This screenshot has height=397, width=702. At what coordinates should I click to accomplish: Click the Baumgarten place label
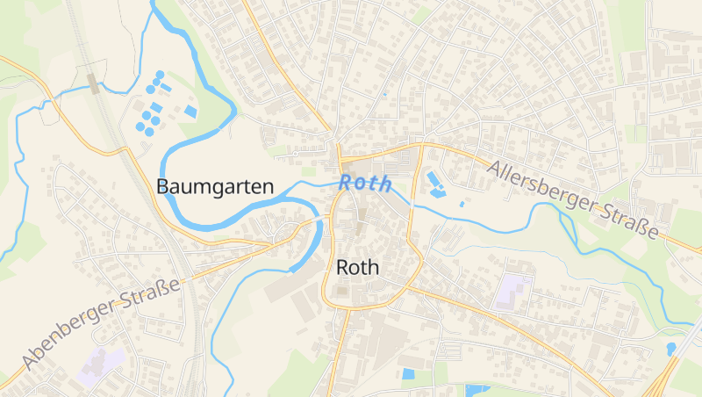pyautogui.click(x=215, y=186)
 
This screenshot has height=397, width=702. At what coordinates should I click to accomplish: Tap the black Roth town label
pyautogui.click(x=358, y=267)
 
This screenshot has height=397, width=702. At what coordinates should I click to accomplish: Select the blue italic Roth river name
pyautogui.click(x=365, y=184)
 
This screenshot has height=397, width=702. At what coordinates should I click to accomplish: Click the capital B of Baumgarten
pyautogui.click(x=162, y=186)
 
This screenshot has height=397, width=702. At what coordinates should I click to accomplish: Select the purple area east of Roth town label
pyautogui.click(x=514, y=291)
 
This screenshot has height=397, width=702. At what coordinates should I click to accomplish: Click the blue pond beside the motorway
pyautogui.click(x=672, y=349)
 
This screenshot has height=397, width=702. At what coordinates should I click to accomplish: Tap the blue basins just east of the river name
pyautogui.click(x=435, y=184)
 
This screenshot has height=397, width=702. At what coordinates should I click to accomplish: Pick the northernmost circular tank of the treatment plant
pyautogui.click(x=160, y=76)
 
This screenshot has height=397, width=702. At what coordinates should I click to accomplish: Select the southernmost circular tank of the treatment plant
pyautogui.click(x=149, y=132)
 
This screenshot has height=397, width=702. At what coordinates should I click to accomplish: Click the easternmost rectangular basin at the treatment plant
pyautogui.click(x=190, y=111)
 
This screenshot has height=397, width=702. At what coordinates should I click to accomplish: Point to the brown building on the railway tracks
pyautogui.click(x=93, y=83)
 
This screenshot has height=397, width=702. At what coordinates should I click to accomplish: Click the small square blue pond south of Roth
pyautogui.click(x=407, y=373)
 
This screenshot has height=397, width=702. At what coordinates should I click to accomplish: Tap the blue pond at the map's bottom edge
pyautogui.click(x=476, y=390)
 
